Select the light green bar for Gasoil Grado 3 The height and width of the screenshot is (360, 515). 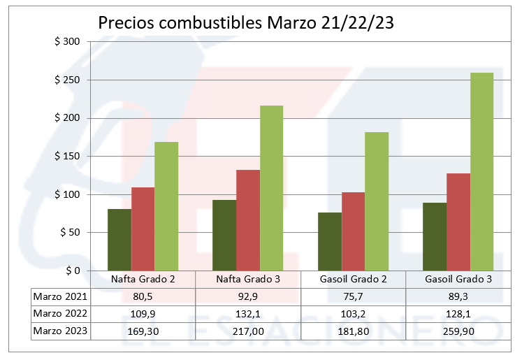(x=481, y=171)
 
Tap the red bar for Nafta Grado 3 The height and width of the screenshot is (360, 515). (x=248, y=220)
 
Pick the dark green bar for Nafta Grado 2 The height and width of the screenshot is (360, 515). (x=119, y=240)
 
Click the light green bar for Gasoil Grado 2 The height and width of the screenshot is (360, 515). (x=377, y=201)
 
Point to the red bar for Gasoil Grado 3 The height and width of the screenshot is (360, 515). (x=458, y=222)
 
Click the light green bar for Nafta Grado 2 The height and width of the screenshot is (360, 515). (x=166, y=206)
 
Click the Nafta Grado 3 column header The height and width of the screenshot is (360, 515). (x=248, y=279)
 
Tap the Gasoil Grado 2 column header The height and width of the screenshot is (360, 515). (x=353, y=279)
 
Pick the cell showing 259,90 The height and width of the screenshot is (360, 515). (x=458, y=331)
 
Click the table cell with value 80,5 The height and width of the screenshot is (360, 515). (x=143, y=296)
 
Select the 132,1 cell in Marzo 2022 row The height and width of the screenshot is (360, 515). (x=248, y=314)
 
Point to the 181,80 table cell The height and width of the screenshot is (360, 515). (x=353, y=331)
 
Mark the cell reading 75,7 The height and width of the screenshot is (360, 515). (x=353, y=296)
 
